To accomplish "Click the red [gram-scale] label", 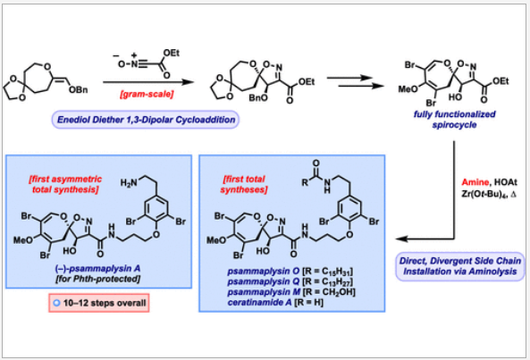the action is click(147, 94).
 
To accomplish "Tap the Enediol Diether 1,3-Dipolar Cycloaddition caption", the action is click(146, 120).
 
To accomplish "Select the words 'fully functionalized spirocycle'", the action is click(455, 119).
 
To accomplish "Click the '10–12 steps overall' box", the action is click(99, 303).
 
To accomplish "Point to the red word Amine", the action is click(475, 182).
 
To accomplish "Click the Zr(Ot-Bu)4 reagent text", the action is click(485, 195).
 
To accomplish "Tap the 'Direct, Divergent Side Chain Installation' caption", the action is click(460, 266).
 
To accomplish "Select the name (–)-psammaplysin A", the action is click(97, 269).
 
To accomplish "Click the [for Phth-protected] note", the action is click(97, 279).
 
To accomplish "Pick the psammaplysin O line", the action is click(290, 272).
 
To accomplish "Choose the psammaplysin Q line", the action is click(290, 281).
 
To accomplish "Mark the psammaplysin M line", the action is click(291, 292).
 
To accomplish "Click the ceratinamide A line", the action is click(275, 302).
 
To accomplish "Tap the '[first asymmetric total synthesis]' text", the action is click(65, 184).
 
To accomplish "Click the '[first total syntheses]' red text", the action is click(244, 184).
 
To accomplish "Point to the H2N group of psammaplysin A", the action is click(129, 183).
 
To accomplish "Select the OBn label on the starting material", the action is click(78, 90).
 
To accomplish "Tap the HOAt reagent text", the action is click(506, 182).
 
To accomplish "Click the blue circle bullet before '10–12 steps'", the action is click(56, 303).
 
